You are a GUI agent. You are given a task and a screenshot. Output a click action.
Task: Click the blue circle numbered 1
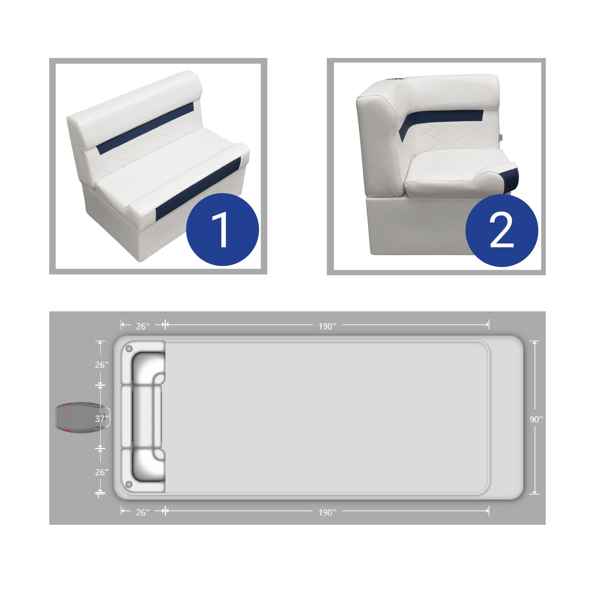[222, 230]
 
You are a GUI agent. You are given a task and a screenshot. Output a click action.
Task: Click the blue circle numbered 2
[502, 231]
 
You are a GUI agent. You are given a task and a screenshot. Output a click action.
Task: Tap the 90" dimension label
[536, 419]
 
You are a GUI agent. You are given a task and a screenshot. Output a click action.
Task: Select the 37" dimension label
[102, 419]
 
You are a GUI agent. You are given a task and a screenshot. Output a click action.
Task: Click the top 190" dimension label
[327, 326]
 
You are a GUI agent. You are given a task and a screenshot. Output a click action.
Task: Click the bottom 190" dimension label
[327, 512]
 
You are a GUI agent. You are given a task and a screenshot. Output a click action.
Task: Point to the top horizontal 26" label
[143, 326]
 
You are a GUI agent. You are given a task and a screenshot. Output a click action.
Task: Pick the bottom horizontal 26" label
[143, 512]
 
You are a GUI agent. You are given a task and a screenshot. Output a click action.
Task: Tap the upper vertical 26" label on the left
[102, 364]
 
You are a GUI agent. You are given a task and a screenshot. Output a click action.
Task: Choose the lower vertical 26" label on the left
[102, 472]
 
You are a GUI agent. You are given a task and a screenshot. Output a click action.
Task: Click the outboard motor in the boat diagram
[82, 417]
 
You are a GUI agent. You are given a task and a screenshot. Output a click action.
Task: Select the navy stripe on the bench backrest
[145, 128]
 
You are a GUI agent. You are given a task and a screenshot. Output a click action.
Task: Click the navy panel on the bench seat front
[198, 189]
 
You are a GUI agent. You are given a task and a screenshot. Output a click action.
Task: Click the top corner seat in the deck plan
[143, 363]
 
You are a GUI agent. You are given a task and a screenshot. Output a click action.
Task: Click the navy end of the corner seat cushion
[509, 179]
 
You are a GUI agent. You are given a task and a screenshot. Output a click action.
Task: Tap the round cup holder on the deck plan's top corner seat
[129, 349]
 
